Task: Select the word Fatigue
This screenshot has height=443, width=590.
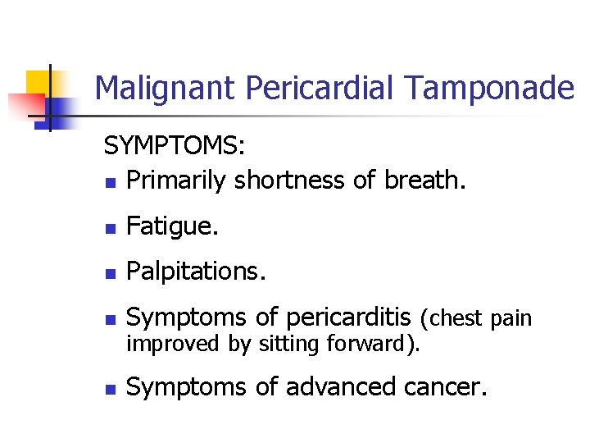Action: (x=173, y=226)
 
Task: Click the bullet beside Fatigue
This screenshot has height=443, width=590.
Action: (x=110, y=228)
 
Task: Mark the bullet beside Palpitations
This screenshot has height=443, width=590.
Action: (x=110, y=273)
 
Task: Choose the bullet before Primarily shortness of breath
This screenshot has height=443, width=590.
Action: (x=110, y=182)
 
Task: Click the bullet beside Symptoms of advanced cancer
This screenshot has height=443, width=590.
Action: (x=110, y=388)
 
